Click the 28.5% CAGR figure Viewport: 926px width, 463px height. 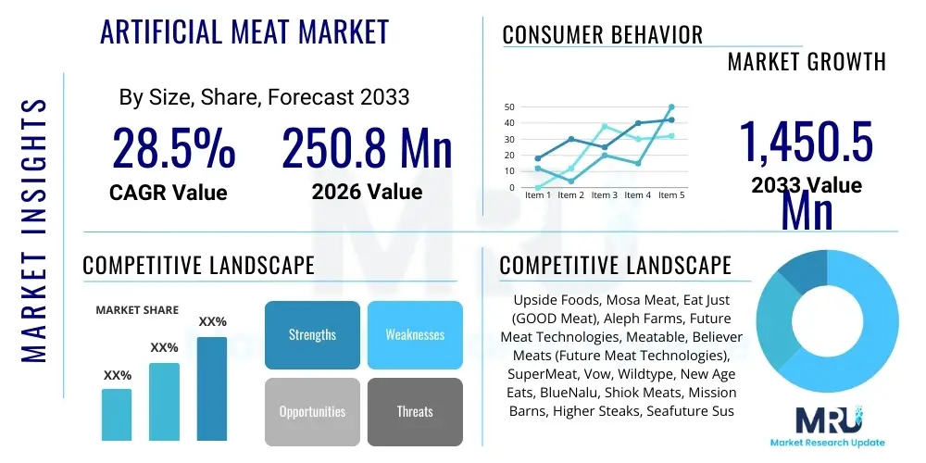[173, 148]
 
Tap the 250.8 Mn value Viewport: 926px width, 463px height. [367, 148]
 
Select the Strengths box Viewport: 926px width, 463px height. [312, 334]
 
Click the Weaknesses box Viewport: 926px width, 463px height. [415, 334]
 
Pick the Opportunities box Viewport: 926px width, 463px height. [312, 411]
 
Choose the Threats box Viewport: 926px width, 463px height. [415, 411]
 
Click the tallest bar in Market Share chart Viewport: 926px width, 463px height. [212, 389]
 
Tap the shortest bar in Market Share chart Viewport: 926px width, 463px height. [117, 414]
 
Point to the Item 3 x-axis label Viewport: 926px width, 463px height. [604, 195]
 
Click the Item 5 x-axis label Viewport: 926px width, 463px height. [670, 195]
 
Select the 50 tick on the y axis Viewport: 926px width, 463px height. [509, 106]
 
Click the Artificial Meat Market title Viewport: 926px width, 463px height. [244, 32]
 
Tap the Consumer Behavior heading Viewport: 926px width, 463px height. [603, 35]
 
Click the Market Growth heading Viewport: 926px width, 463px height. [807, 62]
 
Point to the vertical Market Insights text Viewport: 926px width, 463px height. [33, 227]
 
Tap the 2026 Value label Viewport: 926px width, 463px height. [367, 192]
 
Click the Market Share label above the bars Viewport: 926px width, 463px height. [137, 310]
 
